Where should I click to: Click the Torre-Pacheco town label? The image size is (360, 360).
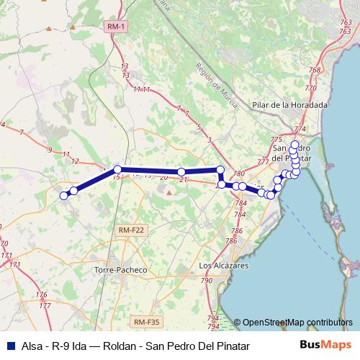pos(120,270)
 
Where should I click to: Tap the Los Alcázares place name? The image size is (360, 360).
pos(224,266)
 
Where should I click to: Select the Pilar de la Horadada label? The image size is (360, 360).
pos(289,104)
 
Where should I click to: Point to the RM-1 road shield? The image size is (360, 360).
pos(114,27)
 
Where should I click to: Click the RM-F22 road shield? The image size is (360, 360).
pos(130,230)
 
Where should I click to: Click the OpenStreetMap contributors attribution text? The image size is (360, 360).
pos(297,323)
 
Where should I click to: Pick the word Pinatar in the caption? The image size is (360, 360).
pos(231,346)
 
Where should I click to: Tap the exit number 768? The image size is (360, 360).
pos(314,70)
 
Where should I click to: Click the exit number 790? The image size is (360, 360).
pos(207,280)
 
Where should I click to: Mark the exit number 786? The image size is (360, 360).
pos(235,231)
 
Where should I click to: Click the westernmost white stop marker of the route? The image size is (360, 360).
pos(63,195)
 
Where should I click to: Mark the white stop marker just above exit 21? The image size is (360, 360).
pos(181,172)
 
